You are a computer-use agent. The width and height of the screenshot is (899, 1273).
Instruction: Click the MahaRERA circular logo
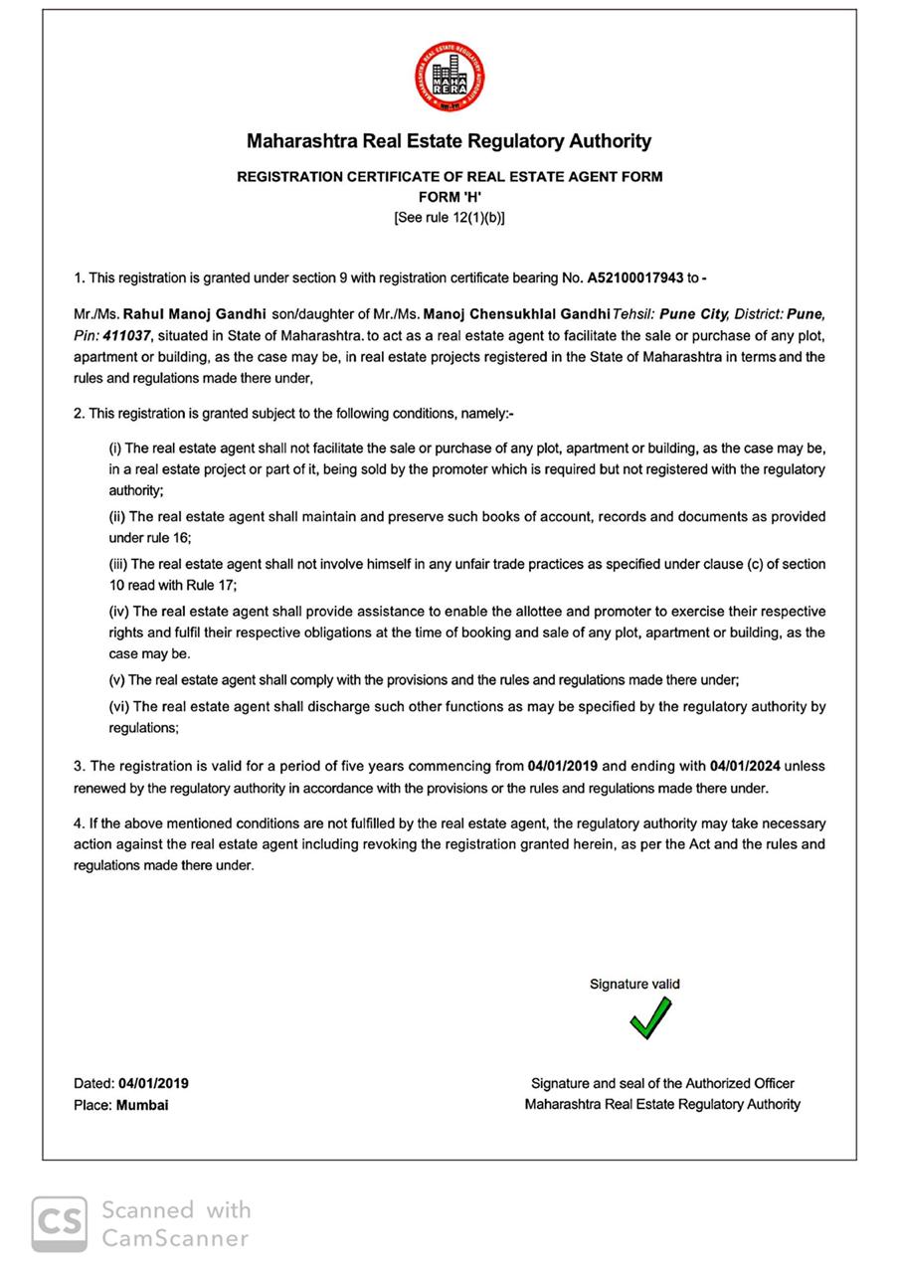pyautogui.click(x=449, y=77)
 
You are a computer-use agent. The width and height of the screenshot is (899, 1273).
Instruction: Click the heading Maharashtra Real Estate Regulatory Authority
pyautogui.click(x=449, y=141)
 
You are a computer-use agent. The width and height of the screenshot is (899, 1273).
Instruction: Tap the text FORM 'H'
pyautogui.click(x=449, y=197)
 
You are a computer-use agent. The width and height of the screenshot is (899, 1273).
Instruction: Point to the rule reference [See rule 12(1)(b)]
pyautogui.click(x=449, y=218)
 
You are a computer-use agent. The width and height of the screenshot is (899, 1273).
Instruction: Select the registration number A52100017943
pyautogui.click(x=635, y=277)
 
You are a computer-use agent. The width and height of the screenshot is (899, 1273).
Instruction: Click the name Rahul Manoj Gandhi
pyautogui.click(x=194, y=313)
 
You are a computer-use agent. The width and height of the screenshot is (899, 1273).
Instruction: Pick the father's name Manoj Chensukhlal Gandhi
pyautogui.click(x=516, y=313)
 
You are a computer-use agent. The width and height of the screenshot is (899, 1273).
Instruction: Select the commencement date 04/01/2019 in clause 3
pyautogui.click(x=563, y=766)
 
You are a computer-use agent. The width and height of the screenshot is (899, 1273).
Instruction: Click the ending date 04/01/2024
pyautogui.click(x=745, y=766)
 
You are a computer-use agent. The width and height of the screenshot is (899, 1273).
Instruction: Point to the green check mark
pyautogui.click(x=649, y=1018)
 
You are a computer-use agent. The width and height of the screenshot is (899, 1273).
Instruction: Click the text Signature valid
pyautogui.click(x=634, y=984)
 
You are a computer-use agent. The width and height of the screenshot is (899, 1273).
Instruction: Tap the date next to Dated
pyautogui.click(x=153, y=1083)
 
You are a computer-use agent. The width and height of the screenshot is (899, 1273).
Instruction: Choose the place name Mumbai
pyautogui.click(x=142, y=1105)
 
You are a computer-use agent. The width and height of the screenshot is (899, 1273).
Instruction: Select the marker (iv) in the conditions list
pyautogui.click(x=118, y=612)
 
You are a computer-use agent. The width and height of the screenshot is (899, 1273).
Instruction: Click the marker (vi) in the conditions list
pyautogui.click(x=118, y=706)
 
